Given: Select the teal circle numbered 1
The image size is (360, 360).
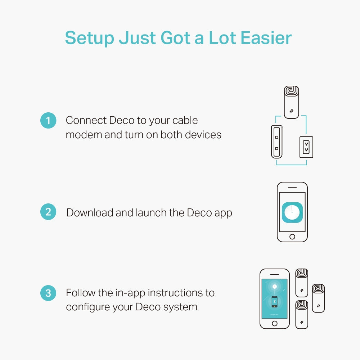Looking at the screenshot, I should [48, 121].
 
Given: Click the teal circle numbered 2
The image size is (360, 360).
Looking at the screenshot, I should [48, 212].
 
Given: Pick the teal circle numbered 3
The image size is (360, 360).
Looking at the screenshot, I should [48, 293].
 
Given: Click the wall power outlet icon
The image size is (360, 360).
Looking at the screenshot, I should [306, 147].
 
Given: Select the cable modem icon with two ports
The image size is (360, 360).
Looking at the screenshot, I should [276, 142].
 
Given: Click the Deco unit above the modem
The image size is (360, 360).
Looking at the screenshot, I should [292, 102].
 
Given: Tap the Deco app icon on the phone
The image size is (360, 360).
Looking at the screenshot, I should [292, 212].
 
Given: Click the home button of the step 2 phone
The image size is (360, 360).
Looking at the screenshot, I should [292, 237].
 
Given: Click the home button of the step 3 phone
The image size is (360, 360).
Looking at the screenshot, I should [274, 323].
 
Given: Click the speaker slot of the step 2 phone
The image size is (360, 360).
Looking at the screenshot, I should [292, 188].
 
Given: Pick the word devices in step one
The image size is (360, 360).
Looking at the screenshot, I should [203, 135].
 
